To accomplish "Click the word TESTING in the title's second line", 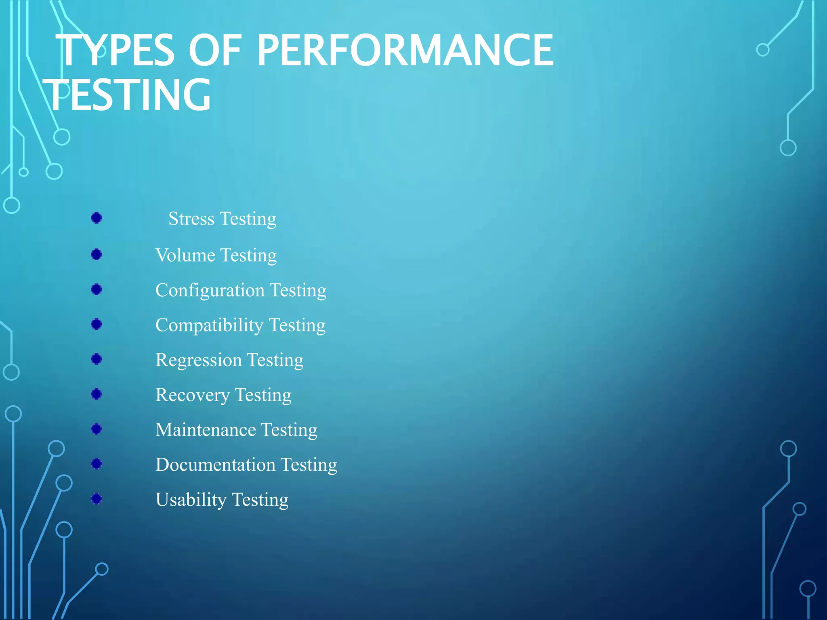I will click(x=127, y=95).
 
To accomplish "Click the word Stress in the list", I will click(x=191, y=219).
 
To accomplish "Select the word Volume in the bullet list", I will click(x=185, y=255).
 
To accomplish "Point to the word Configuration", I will click(x=210, y=290).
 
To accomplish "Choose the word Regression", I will click(x=198, y=360).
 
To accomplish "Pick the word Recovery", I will click(x=192, y=395).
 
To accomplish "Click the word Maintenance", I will click(x=206, y=430).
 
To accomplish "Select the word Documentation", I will click(x=215, y=465).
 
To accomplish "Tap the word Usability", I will click(x=191, y=500).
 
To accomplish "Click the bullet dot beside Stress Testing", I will click(x=97, y=218).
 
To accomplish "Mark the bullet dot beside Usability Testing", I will click(x=97, y=499).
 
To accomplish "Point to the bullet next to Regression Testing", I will click(x=97, y=359).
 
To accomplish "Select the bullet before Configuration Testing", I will click(x=97, y=289).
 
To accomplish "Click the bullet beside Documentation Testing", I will click(x=97, y=464).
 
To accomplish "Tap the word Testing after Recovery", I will click(x=263, y=395).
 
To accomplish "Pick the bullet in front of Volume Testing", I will click(x=97, y=254).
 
